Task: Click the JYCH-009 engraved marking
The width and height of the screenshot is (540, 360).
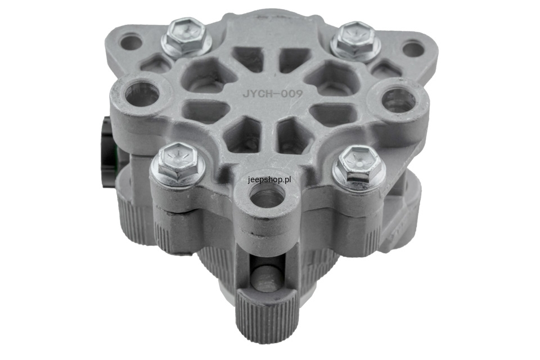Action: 272,93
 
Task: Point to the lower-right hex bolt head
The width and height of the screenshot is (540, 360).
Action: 359,163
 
